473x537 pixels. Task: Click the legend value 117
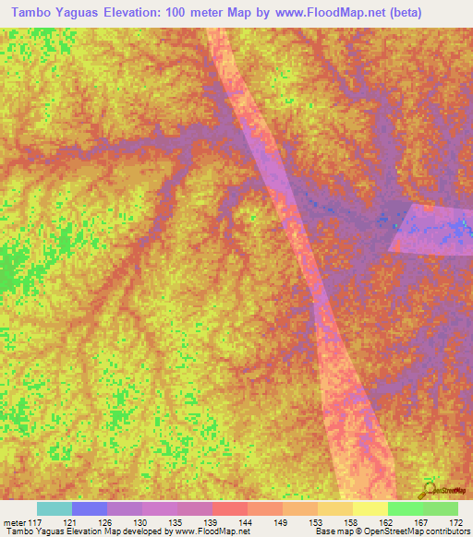(35, 521)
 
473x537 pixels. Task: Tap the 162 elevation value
(387, 521)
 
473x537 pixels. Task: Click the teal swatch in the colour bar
(55, 508)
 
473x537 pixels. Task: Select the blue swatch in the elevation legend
(90, 508)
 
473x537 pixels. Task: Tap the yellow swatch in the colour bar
(370, 508)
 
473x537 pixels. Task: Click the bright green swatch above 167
(405, 508)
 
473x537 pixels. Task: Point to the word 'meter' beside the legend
(14, 521)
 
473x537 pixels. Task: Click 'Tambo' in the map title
(27, 11)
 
